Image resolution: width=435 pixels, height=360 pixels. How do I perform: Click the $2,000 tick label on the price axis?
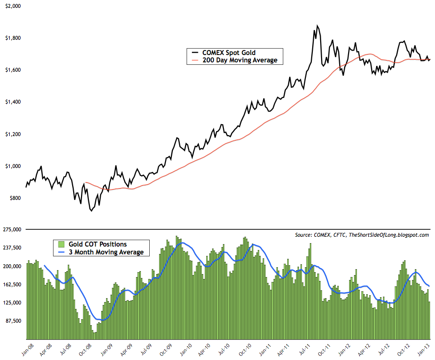[12, 6]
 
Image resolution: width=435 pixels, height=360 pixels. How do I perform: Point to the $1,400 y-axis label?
[12, 102]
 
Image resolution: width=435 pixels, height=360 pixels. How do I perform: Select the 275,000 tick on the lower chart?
[12, 229]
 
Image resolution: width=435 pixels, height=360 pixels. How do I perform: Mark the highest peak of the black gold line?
[318, 26]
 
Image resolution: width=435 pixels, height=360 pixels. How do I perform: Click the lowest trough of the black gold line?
[91, 211]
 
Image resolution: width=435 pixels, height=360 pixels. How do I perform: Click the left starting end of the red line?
[85, 183]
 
